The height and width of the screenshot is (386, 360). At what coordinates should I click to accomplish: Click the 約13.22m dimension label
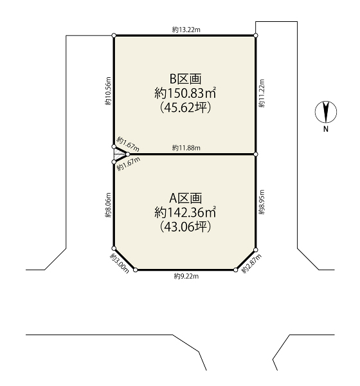coord(186,30)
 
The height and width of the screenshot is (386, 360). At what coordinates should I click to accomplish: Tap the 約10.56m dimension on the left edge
coord(108,91)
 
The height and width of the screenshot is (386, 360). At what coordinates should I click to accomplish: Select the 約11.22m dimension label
coord(262,93)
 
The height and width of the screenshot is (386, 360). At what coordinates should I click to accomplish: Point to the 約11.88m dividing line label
coord(186,148)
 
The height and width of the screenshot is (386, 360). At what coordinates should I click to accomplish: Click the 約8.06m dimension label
coord(108,205)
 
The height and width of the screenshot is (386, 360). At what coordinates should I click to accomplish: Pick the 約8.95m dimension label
coord(262,202)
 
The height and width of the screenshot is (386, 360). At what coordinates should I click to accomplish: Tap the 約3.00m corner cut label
coord(120,263)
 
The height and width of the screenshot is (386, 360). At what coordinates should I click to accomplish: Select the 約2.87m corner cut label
coord(251,264)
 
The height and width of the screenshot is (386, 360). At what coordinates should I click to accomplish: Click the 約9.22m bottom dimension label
coord(186,277)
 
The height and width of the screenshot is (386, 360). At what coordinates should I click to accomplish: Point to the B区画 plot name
coord(186,79)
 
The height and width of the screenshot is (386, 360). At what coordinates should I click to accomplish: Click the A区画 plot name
coord(186,198)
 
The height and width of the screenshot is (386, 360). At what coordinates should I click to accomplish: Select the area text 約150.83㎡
coord(186,93)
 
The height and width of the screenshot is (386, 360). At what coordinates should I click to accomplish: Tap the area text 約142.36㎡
coord(186,212)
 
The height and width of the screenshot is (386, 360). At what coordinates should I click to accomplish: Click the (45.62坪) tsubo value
coord(186,107)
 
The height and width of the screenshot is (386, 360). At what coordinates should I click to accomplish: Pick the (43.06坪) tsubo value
coord(186,226)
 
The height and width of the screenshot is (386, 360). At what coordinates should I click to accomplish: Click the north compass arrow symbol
coord(326,112)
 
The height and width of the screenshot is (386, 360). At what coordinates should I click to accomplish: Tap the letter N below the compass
coord(326,129)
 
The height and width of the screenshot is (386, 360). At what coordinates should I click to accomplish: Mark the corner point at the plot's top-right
coord(256,35)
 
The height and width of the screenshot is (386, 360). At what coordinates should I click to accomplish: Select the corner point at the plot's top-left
coord(114,35)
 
